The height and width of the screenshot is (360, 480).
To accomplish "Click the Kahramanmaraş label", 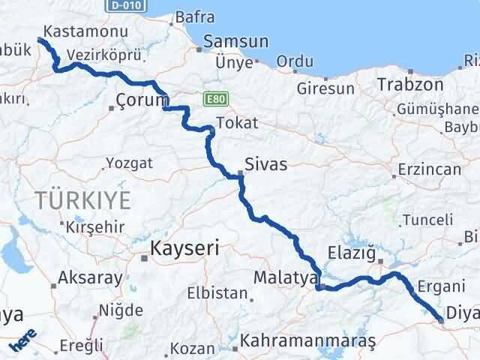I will (x=309, y=342).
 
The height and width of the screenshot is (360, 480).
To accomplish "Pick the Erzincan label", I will (x=430, y=169).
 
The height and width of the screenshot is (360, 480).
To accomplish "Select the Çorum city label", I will (x=140, y=100).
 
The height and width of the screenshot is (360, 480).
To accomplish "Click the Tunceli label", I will (x=427, y=220).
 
